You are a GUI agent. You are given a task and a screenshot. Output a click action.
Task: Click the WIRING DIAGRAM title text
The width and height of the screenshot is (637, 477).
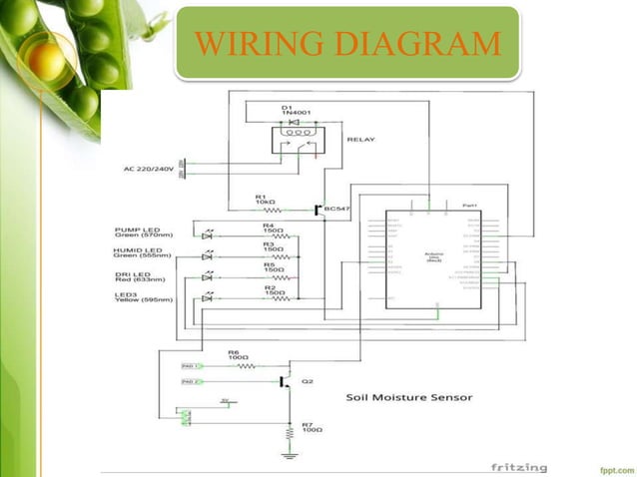tap(347, 44)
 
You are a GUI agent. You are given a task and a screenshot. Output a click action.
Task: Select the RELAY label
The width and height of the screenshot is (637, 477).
tap(360, 141)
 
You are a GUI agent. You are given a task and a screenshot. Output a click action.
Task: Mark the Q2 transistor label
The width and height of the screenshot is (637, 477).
tap(308, 381)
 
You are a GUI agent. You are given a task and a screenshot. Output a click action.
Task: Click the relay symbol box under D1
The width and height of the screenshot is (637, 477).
tap(296, 140)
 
